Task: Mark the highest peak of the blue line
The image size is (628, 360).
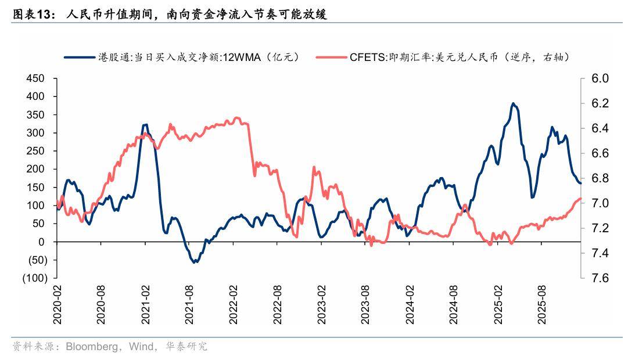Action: [512, 103]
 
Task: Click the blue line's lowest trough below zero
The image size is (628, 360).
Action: [195, 262]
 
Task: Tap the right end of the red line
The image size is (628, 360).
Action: [580, 199]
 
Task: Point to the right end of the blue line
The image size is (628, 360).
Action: [580, 183]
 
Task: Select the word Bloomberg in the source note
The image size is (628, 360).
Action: [90, 347]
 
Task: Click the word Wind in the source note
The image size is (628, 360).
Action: [142, 347]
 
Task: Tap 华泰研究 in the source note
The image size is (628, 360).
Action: [186, 347]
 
